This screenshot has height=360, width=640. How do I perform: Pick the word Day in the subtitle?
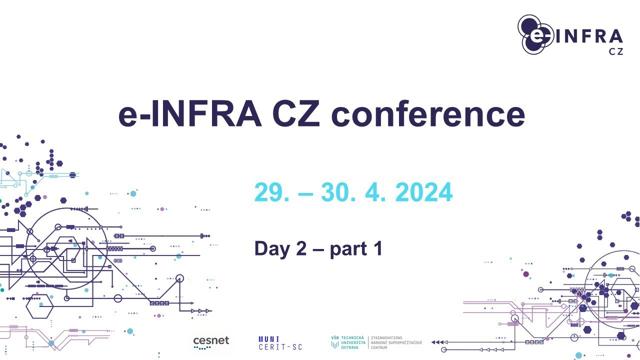[273, 248]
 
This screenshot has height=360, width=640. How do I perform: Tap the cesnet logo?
[211, 342]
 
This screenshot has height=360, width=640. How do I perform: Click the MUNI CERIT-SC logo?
[280, 343]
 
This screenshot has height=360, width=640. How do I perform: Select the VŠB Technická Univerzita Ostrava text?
[348, 342]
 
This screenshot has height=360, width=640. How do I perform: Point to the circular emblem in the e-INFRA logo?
[533, 34]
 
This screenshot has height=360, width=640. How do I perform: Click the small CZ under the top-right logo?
[616, 51]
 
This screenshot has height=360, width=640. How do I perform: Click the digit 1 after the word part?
[377, 248]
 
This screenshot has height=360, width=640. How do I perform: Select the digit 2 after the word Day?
[301, 248]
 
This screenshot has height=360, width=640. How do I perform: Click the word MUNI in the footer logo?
[269, 339]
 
